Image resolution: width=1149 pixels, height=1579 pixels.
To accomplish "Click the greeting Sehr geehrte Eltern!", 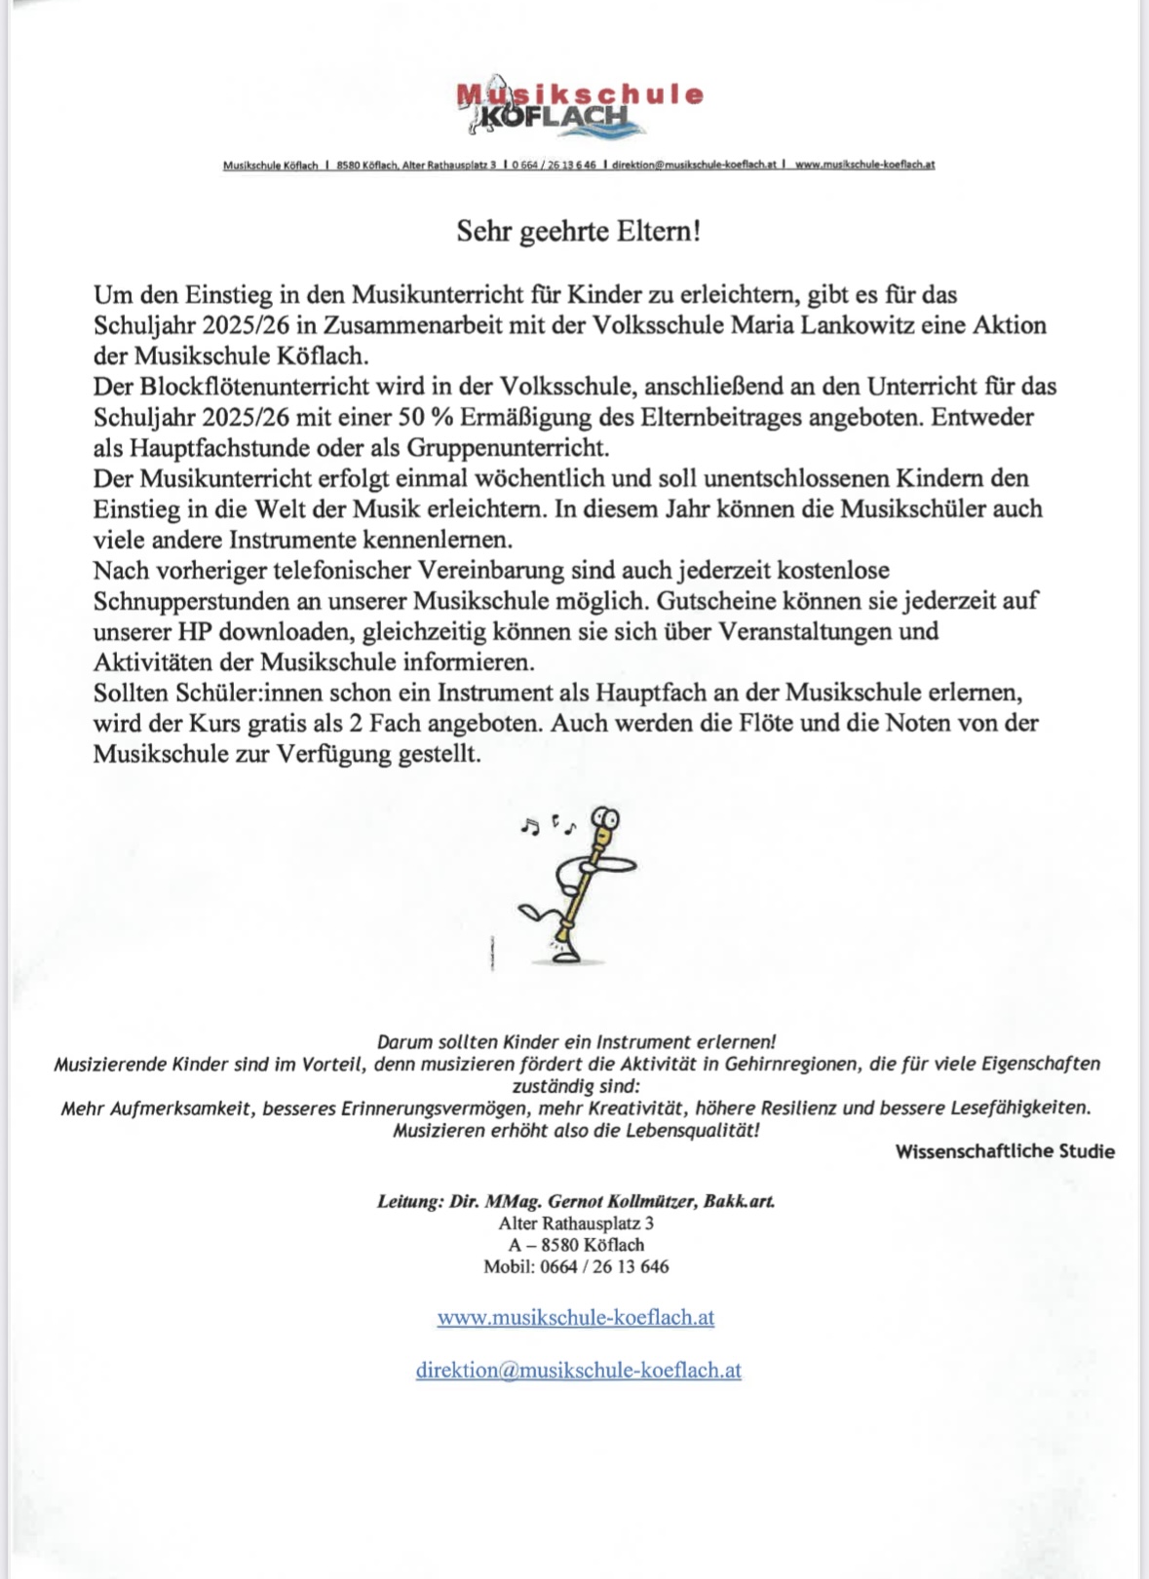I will point(579,232).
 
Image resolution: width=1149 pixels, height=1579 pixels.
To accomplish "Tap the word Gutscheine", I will point(715,601).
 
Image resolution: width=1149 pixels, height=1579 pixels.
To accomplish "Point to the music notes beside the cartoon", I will point(547,826).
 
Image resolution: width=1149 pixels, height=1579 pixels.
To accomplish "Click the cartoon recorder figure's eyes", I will point(607,818).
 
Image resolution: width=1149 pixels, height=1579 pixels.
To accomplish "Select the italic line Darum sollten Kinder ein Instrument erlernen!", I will point(576,1041).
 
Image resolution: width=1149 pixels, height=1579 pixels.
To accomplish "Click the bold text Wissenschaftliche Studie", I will point(1005,1151).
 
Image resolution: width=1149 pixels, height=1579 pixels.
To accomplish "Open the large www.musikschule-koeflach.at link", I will point(576,1317).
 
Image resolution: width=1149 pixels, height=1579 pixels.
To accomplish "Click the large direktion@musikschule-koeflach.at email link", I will point(579,1370).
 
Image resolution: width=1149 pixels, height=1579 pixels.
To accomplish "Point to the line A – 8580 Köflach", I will point(576,1245).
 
